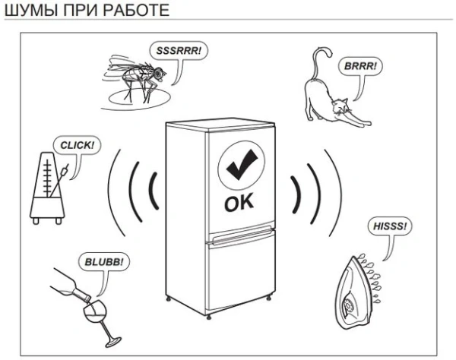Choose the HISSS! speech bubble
(x=391, y=226)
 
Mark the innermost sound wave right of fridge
(x=297, y=189)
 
